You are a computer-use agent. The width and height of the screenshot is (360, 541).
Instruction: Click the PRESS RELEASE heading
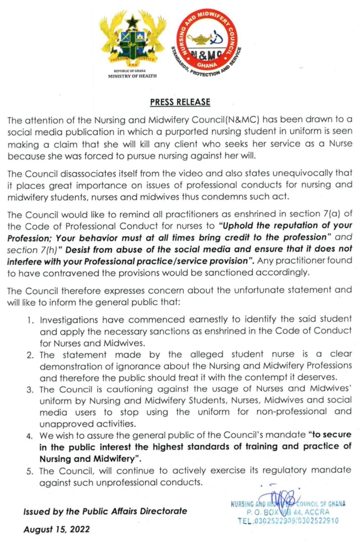click(180, 102)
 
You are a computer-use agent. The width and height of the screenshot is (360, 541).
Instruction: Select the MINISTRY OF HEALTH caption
click(132, 76)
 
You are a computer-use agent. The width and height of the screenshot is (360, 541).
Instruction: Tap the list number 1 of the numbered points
click(31, 320)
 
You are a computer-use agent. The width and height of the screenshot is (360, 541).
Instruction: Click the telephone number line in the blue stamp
click(288, 520)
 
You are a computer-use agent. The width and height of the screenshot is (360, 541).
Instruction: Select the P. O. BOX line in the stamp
click(288, 512)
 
